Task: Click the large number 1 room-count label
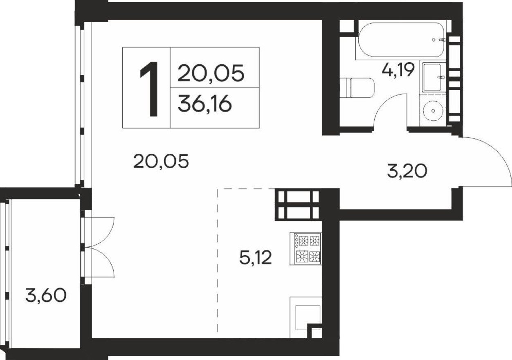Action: [148, 89]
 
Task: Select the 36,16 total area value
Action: [205, 105]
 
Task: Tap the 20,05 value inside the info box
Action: [211, 74]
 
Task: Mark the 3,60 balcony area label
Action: [45, 295]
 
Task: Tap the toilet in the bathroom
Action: [359, 87]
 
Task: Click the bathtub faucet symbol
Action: [441, 40]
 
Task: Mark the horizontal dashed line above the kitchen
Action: [245, 189]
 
